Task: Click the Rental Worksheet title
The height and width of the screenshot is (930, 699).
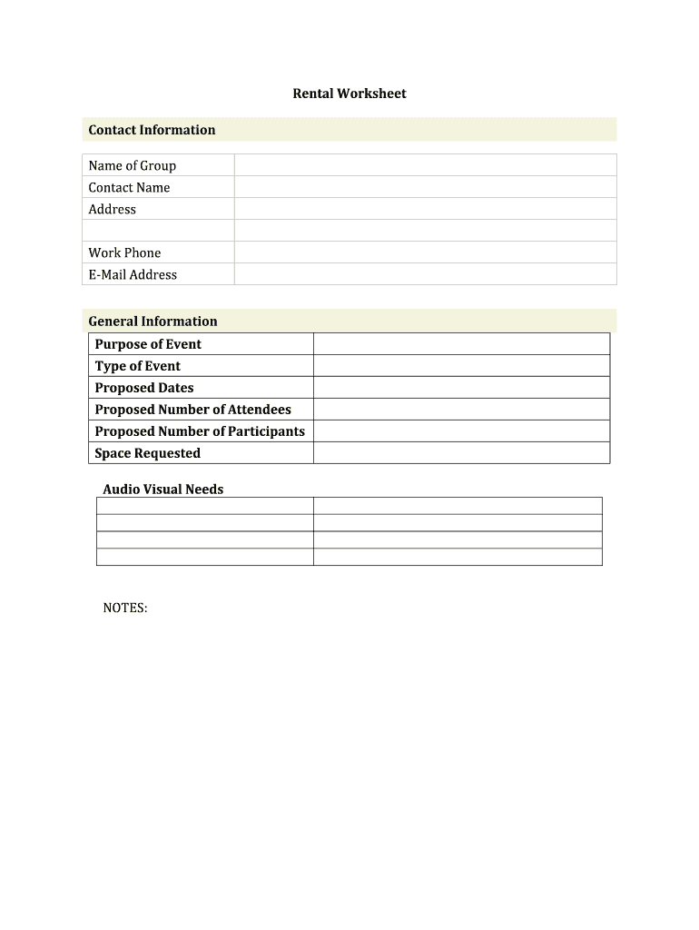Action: (x=349, y=94)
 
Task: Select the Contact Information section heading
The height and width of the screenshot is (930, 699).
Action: (x=152, y=130)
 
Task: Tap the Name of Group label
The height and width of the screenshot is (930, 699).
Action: (x=133, y=165)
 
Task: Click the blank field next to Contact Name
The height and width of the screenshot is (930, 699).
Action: (x=425, y=187)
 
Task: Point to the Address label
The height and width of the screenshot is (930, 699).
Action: (x=113, y=209)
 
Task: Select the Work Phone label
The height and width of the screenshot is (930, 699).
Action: (x=124, y=252)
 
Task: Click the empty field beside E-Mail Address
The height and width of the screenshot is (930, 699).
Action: (x=425, y=274)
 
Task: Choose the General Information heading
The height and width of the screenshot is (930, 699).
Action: (x=153, y=321)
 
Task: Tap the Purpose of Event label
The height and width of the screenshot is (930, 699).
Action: (x=148, y=344)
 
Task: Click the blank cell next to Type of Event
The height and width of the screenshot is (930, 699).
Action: (x=461, y=366)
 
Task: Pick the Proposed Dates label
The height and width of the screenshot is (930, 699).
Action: (x=144, y=388)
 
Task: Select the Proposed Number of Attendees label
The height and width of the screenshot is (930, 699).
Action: (x=192, y=410)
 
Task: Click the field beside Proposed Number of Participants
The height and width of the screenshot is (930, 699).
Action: (x=461, y=431)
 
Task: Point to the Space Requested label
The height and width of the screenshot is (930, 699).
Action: (x=147, y=453)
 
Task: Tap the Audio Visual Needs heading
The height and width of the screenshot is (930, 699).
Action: (x=162, y=490)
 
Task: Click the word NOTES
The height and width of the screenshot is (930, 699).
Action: (x=125, y=608)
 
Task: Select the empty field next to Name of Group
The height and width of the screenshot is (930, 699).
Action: (x=425, y=165)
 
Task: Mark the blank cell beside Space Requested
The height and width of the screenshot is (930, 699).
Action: (x=461, y=453)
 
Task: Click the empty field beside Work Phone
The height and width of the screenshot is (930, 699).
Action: (x=425, y=252)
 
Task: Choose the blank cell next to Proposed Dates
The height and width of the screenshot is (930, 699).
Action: (x=461, y=388)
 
